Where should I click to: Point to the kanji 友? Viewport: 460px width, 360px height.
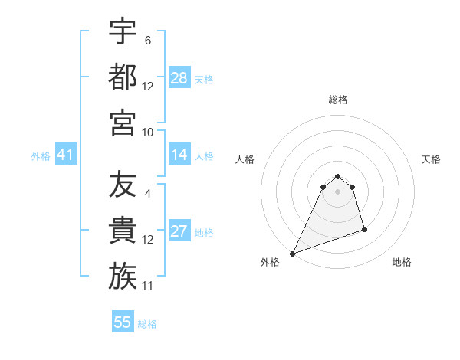click(x=122, y=186)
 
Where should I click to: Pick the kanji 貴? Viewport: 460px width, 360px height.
click(x=122, y=231)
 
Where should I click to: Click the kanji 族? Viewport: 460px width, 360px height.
click(x=122, y=277)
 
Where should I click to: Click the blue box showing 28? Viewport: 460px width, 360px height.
click(x=179, y=77)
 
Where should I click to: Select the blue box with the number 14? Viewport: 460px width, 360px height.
click(x=179, y=155)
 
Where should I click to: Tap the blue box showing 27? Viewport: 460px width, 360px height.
click(x=179, y=232)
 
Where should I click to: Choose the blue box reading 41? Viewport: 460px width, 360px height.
click(x=65, y=155)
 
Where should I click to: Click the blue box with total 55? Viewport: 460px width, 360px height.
click(x=123, y=322)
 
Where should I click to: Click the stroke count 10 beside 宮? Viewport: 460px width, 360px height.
click(x=148, y=132)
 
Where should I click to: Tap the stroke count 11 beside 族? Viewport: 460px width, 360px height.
click(x=148, y=286)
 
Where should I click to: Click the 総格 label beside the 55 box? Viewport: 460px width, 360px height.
click(x=147, y=324)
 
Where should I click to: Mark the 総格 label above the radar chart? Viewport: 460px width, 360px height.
click(x=337, y=100)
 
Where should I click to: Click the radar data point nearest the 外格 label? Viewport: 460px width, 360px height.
click(x=292, y=254)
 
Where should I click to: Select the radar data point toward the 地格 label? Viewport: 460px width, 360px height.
click(x=364, y=229)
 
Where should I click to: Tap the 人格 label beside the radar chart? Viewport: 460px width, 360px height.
click(x=245, y=159)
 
